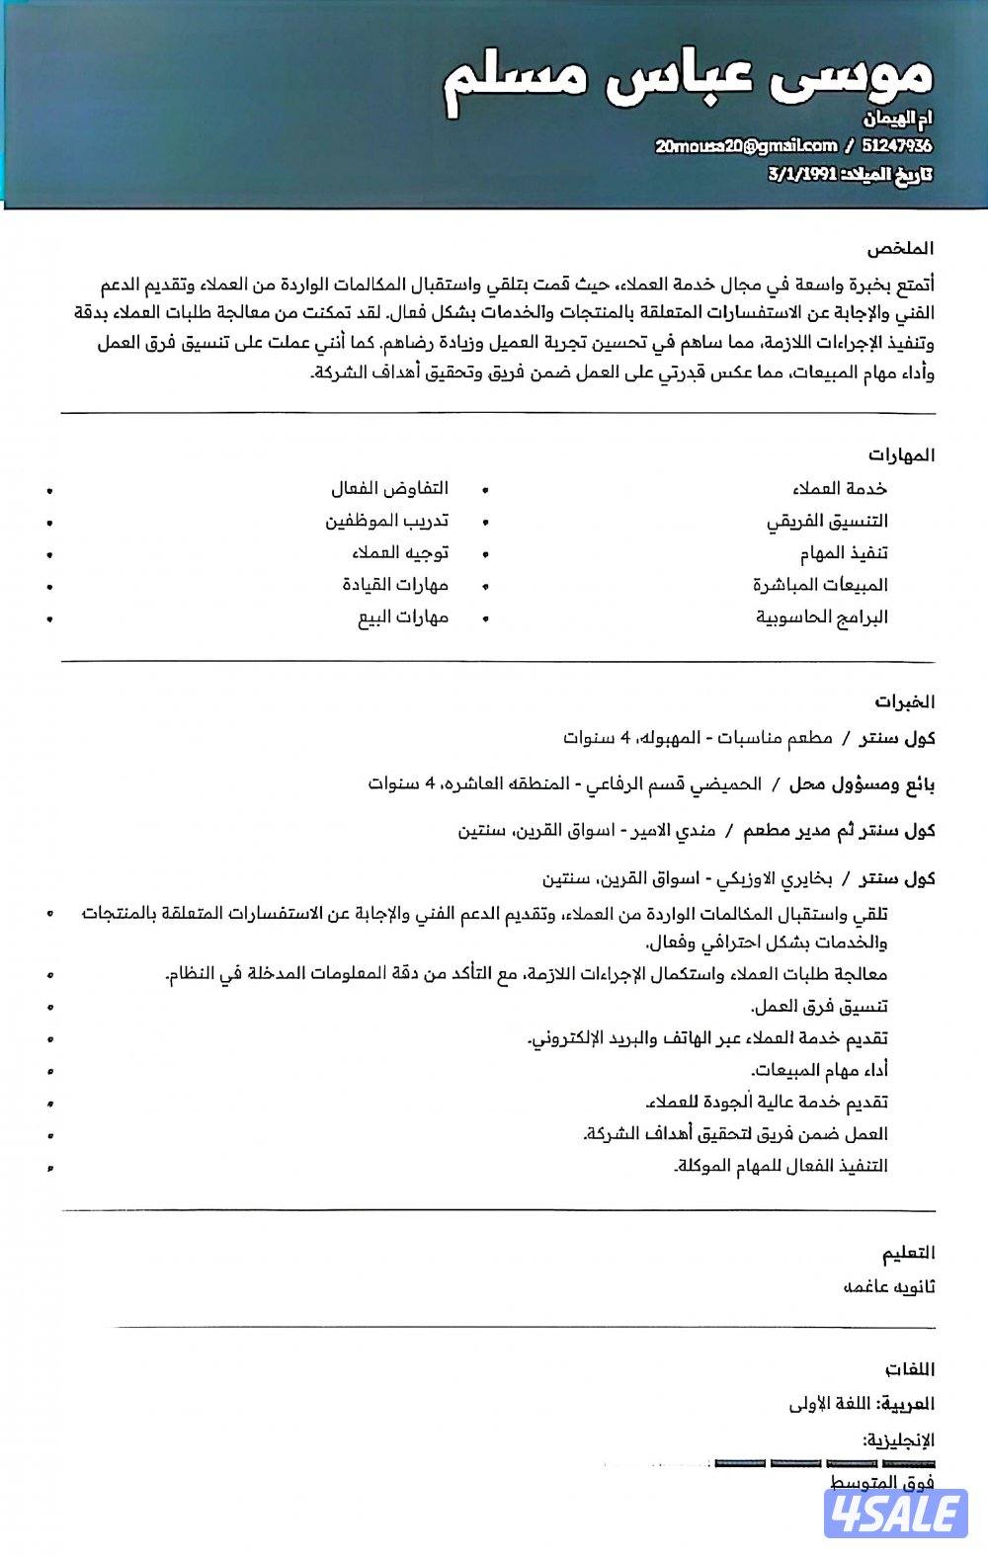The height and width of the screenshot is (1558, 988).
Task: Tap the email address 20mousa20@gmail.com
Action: coord(746,146)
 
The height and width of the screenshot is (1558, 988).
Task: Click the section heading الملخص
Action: coord(902,248)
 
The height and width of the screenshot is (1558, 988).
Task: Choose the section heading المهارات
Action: coord(902,455)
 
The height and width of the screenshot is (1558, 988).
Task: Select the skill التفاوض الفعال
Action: coord(389,489)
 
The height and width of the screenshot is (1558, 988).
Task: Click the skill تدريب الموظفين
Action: coord(387,521)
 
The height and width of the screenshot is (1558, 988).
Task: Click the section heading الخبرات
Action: coord(904,702)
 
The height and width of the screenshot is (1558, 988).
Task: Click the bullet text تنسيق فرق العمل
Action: coord(819,1007)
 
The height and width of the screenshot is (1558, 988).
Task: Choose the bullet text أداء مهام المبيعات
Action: coord(819,1070)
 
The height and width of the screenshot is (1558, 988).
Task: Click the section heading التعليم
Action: coord(908,1253)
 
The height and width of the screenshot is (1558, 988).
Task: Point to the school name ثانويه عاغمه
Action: coord(888,1287)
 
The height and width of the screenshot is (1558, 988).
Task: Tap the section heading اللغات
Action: coord(910,1370)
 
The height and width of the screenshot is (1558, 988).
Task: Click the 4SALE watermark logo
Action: coord(897,1514)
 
